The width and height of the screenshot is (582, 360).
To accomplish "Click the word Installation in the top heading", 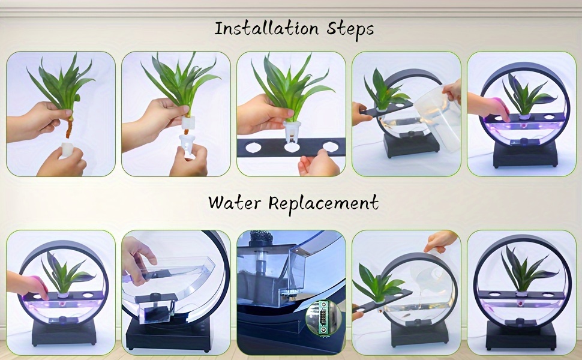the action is point(266,29).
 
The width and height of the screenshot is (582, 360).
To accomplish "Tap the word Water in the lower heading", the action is point(235,203).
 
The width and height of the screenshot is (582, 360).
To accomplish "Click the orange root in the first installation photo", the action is point(69,127).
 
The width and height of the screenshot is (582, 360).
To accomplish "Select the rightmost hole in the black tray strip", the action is point(331,146).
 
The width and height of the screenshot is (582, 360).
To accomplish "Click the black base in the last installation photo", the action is point(525,153).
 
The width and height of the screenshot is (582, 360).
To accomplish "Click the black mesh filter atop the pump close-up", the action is point(262,236).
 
